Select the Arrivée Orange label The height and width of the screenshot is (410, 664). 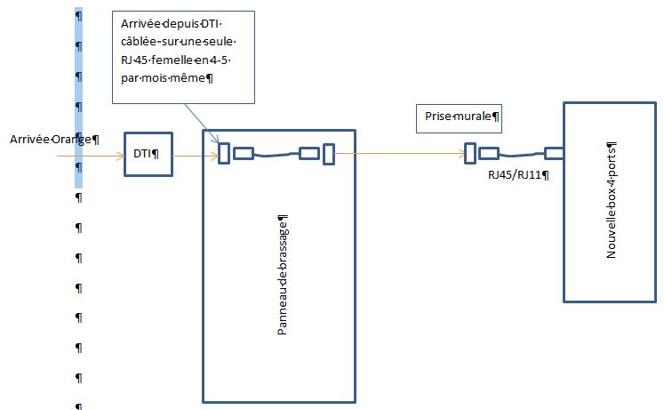pyautogui.click(x=53, y=140)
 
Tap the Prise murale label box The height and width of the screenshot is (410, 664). pyautogui.click(x=459, y=116)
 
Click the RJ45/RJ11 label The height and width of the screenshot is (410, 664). pyautogui.click(x=517, y=174)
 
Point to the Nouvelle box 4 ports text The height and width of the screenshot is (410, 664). pyautogui.click(x=612, y=201)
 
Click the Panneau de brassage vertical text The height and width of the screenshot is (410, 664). pyautogui.click(x=282, y=275)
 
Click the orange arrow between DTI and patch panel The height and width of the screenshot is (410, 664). pyautogui.click(x=194, y=156)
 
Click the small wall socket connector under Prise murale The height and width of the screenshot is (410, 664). pyautogui.click(x=470, y=153)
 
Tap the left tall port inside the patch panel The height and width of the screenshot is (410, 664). pyautogui.click(x=225, y=155)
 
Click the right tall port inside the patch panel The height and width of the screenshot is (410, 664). pyautogui.click(x=328, y=155)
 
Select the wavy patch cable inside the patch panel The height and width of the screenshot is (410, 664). pyautogui.click(x=276, y=155)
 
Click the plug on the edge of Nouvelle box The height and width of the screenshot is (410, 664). pyautogui.click(x=555, y=152)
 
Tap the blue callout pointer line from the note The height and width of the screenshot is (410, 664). pyautogui.click(x=201, y=120)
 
